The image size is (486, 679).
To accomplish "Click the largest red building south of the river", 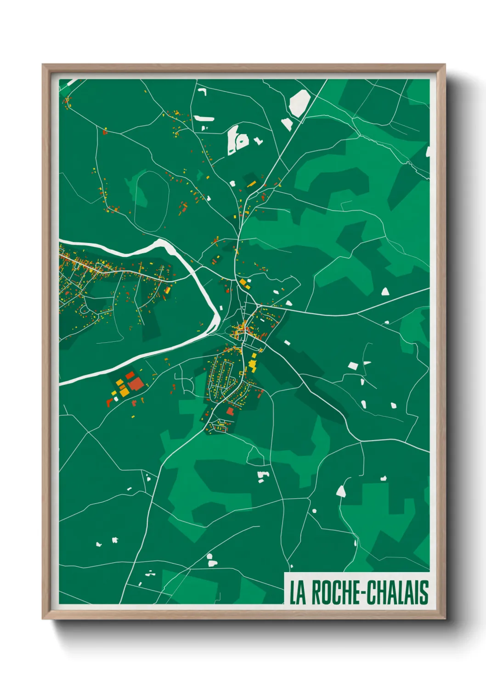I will click(x=136, y=384).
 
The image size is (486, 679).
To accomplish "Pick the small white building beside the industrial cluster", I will click(x=116, y=399).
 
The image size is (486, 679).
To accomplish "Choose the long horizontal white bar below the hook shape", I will click(x=204, y=118).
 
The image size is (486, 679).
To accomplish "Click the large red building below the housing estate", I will click(x=230, y=411).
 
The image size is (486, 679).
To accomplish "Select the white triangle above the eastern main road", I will click(x=385, y=291).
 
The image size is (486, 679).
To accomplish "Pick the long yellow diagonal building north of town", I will click(x=251, y=184).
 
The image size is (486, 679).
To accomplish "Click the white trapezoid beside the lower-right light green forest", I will click(x=341, y=491).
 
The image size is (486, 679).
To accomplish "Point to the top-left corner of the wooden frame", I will click(x=43, y=65).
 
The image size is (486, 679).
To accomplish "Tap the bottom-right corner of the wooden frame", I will click(x=445, y=618).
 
